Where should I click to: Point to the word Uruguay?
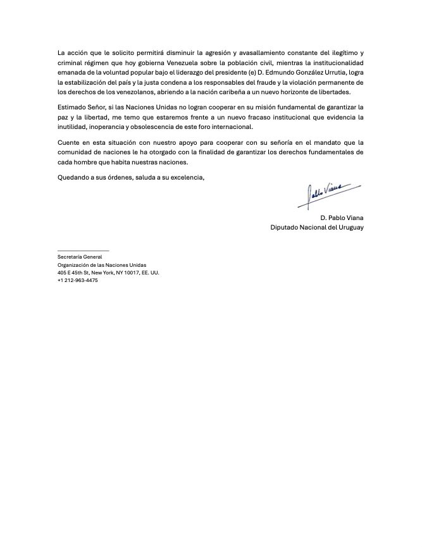(349, 226)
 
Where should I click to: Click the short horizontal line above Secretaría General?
(83, 251)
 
